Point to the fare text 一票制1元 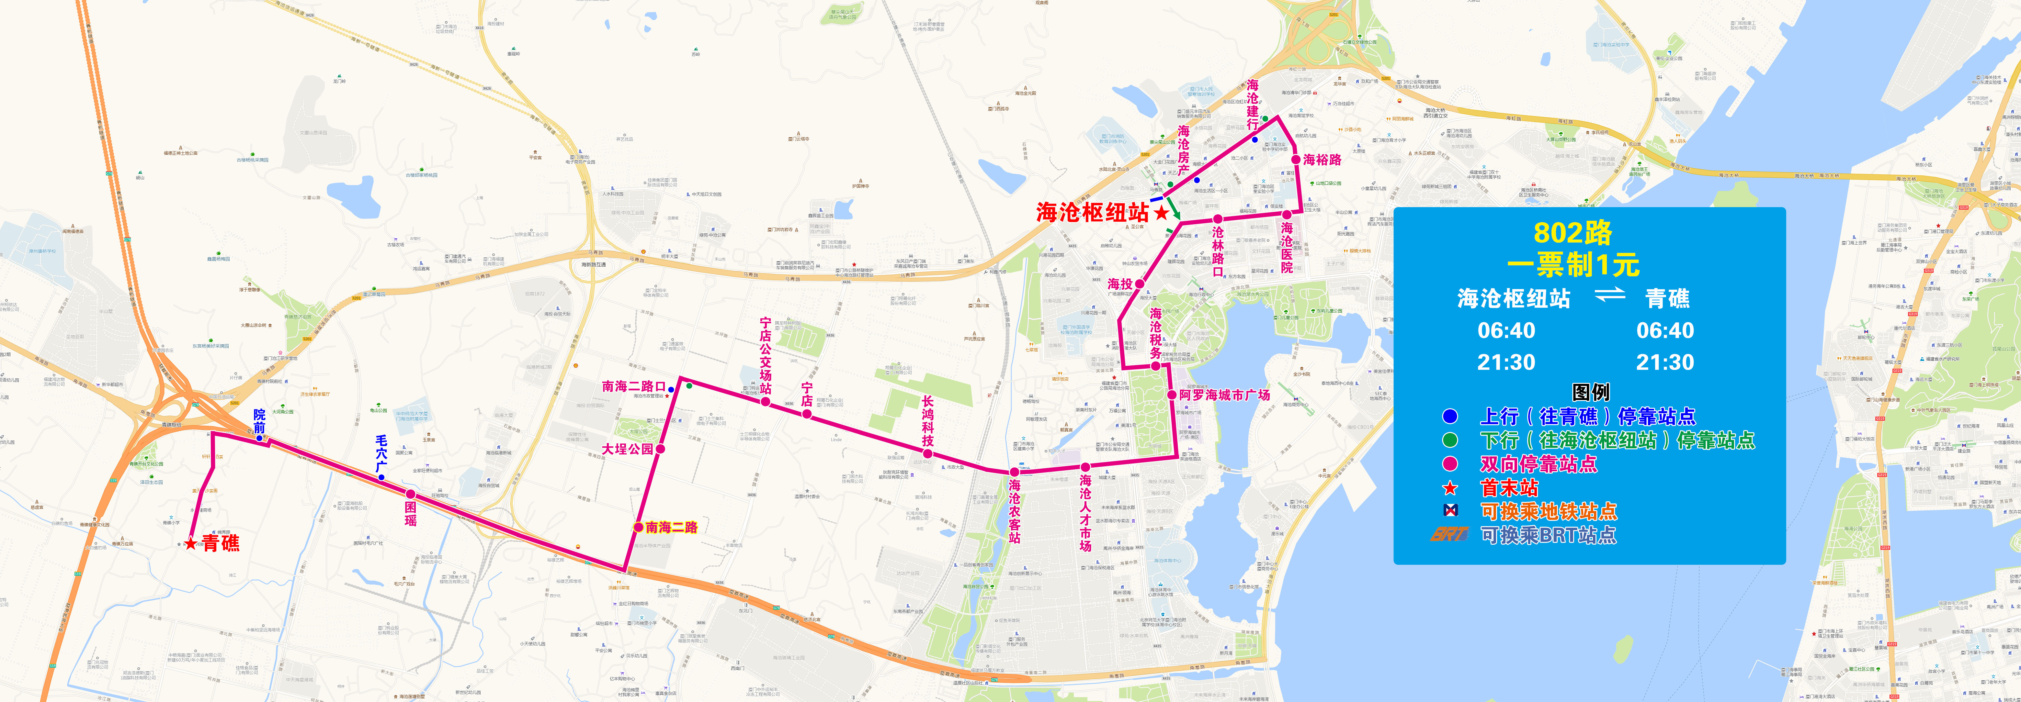click(1573, 265)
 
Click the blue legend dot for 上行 click(1450, 417)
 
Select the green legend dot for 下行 click(1450, 440)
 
